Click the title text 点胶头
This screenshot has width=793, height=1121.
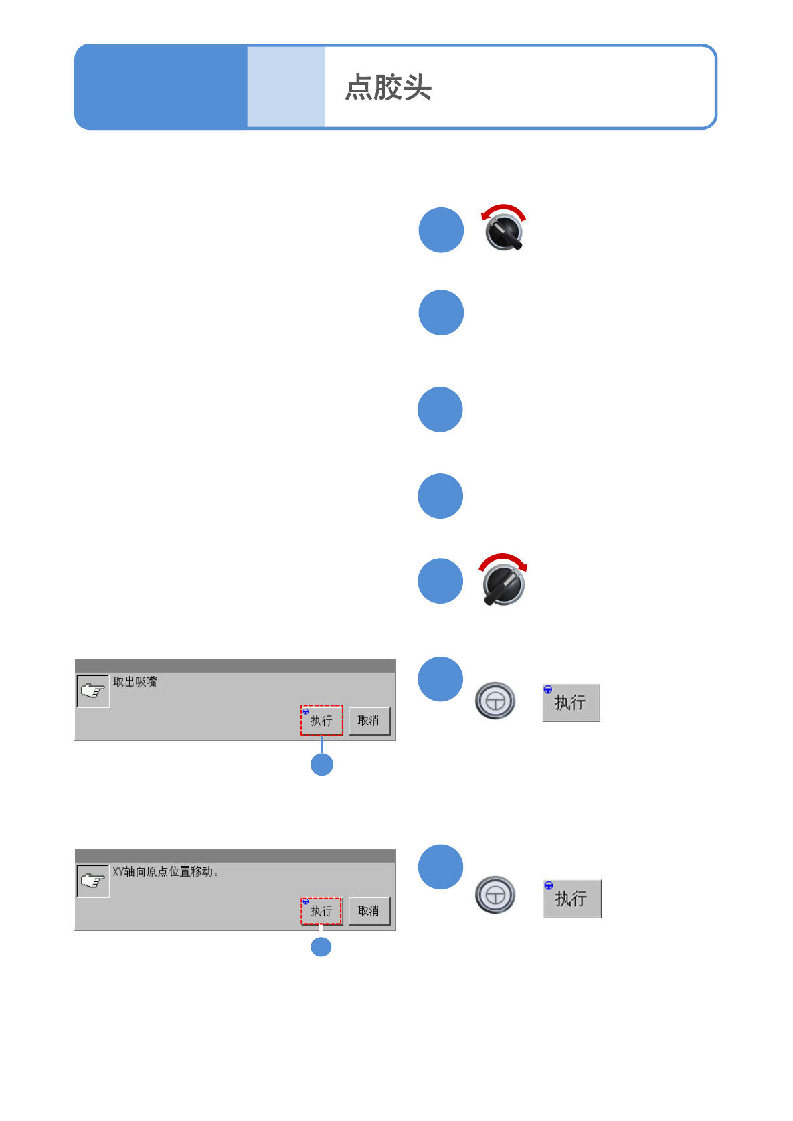388,88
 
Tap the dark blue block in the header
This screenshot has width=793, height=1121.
161,87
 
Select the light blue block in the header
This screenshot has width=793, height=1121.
286,87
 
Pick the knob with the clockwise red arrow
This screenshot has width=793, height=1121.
503,584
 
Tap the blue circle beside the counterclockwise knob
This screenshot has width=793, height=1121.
441,230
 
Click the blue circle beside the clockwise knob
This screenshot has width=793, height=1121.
440,581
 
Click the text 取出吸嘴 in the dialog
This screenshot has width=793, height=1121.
135,682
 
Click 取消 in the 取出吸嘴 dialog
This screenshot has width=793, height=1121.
369,721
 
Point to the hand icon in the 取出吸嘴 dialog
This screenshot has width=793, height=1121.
93,691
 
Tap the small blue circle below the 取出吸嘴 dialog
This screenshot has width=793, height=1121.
322,764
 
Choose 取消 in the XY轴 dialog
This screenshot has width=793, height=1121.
369,911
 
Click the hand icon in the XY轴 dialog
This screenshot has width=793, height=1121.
93,881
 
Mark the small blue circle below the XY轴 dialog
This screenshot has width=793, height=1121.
321,947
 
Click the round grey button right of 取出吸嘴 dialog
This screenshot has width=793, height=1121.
495,701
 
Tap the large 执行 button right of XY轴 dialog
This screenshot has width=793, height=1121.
572,899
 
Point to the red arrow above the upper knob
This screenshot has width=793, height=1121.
503,209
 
